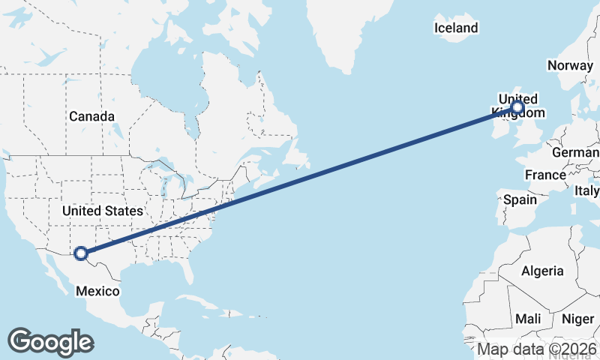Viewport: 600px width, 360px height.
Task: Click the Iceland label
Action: [456, 28]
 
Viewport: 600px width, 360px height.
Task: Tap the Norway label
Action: [570, 65]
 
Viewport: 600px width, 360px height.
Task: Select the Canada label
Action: [91, 116]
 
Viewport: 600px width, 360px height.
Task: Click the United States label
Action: [102, 211]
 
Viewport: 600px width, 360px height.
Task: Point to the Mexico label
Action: [97, 290]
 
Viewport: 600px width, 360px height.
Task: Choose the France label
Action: [545, 175]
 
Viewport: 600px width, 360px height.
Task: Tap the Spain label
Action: [520, 199]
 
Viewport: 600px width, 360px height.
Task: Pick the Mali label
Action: [528, 319]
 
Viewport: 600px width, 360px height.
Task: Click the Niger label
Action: [577, 319]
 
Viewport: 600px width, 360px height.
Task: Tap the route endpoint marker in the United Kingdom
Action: [517, 108]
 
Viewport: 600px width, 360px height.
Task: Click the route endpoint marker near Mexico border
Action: [82, 254]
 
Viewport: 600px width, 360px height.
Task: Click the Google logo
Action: [50, 342]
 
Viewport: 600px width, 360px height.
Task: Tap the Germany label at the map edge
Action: [576, 153]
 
